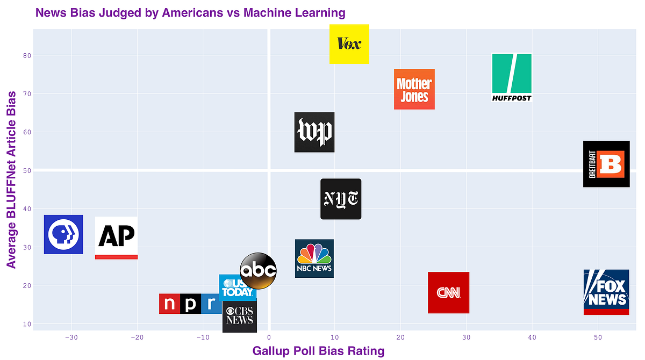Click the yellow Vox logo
(349, 44)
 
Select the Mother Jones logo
(414, 89)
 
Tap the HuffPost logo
(512, 77)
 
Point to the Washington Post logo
(314, 132)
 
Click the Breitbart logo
(606, 164)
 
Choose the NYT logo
(341, 199)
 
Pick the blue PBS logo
(63, 234)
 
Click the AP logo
(116, 237)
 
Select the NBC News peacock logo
(314, 258)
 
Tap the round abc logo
(258, 270)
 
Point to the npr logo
(189, 304)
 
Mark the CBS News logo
(240, 316)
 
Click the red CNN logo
(448, 292)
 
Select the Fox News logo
(606, 292)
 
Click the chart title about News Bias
(190, 12)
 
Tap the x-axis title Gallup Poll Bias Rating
(318, 351)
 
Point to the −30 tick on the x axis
(70, 337)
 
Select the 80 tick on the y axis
(26, 55)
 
